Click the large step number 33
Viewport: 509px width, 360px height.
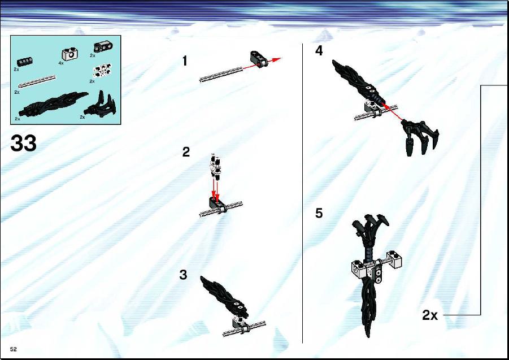pos(23,143)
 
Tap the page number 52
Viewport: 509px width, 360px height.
pos(14,349)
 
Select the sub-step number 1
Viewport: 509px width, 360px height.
pos(185,61)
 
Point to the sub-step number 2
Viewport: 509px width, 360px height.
pos(186,152)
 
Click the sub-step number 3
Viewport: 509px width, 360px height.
pos(184,275)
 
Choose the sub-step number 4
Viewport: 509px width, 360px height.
pos(319,51)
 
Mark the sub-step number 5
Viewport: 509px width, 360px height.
pos(319,213)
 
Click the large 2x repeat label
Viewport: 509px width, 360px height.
pos(430,315)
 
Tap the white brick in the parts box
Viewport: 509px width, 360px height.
pos(68,54)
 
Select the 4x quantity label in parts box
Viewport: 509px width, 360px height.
pos(61,63)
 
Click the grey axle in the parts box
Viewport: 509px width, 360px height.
pos(37,81)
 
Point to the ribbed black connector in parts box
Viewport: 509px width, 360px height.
pos(25,62)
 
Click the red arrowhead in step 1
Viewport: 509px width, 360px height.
pos(276,59)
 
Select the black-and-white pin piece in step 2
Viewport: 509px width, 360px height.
pos(215,166)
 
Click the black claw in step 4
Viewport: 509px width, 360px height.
pos(420,137)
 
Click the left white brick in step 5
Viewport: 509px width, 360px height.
pos(359,268)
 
